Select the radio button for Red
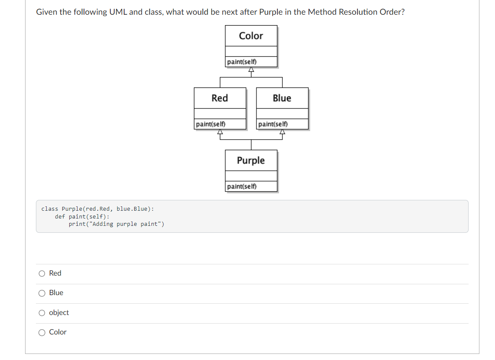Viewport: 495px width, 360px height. pos(42,273)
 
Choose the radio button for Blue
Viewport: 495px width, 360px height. pos(42,293)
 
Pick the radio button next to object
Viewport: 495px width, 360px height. pos(42,313)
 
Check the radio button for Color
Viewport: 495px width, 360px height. pos(42,333)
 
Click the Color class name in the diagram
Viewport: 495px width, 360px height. pos(251,36)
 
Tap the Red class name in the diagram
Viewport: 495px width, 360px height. pos(220,98)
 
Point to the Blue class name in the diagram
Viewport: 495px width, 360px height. pos(282,98)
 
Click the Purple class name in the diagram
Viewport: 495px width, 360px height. pos(251,161)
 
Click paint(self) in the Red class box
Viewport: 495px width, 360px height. pos(211,124)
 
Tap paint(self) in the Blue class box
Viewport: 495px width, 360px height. pos(273,124)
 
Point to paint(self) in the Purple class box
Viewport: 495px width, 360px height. pos(242,186)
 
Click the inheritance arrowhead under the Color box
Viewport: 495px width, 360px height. pos(251,71)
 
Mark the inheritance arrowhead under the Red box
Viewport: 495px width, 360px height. pos(220,132)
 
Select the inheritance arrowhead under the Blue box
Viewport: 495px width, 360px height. pos(282,132)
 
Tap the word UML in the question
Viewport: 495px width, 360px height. pos(118,12)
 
